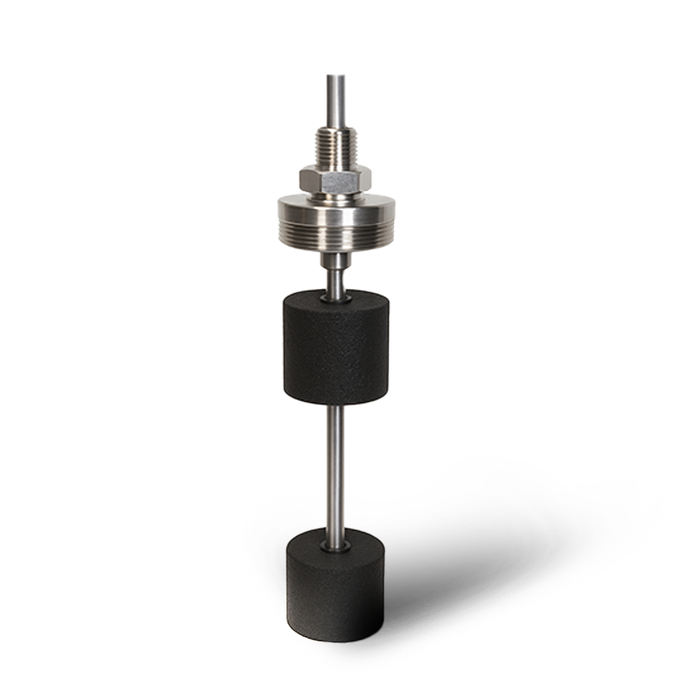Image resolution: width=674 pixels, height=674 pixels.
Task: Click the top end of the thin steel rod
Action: (336, 77)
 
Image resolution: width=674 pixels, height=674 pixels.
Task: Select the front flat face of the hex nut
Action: (336, 180)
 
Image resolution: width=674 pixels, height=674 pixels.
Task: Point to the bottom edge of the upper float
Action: (336, 403)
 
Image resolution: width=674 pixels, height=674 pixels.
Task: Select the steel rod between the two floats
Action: (336, 468)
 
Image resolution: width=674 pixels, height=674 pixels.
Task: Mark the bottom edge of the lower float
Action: (336, 640)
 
